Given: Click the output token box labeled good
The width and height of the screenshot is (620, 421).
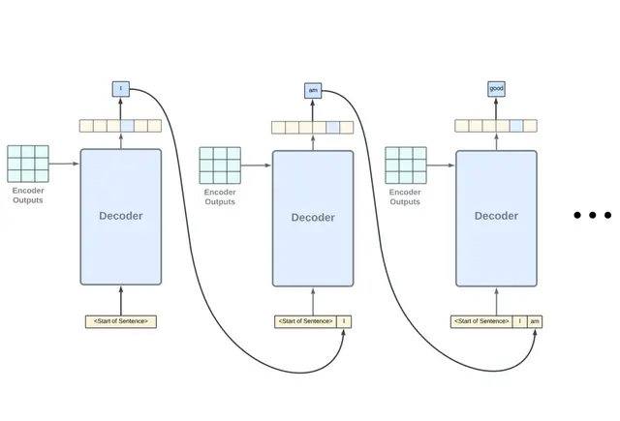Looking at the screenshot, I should (496, 89).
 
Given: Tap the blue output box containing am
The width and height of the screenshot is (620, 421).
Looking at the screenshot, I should (313, 90).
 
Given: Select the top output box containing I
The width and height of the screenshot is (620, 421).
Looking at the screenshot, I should (121, 89).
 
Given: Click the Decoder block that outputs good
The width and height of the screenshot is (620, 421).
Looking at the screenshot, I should (496, 217).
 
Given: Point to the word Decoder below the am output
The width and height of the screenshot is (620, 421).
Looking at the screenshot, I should (313, 218).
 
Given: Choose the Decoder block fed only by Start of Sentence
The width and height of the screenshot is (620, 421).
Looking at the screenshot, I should (121, 216).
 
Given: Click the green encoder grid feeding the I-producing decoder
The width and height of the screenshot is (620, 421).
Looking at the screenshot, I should (28, 164).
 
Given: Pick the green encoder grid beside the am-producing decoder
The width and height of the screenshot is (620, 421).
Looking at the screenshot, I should (220, 165).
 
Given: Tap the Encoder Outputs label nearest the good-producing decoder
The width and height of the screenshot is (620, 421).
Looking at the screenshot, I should (405, 197).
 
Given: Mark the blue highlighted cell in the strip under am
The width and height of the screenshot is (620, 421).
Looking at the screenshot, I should (333, 127).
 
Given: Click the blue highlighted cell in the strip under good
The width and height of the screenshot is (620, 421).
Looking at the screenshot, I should (516, 126).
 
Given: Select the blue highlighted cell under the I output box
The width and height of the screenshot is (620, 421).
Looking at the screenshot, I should (128, 126).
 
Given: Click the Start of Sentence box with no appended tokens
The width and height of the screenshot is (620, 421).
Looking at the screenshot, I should (121, 321).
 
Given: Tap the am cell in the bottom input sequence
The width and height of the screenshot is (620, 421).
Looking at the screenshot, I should (535, 321).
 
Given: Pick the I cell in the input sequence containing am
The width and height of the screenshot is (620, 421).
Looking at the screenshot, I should (519, 321).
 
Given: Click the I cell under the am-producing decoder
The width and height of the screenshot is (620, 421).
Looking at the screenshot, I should (344, 321).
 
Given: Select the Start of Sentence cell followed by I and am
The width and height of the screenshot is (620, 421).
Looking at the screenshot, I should (481, 321).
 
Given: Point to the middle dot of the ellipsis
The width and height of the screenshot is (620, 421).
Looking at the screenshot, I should (593, 216).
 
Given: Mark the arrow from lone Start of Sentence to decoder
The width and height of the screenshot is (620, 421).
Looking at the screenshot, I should (121, 300).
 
